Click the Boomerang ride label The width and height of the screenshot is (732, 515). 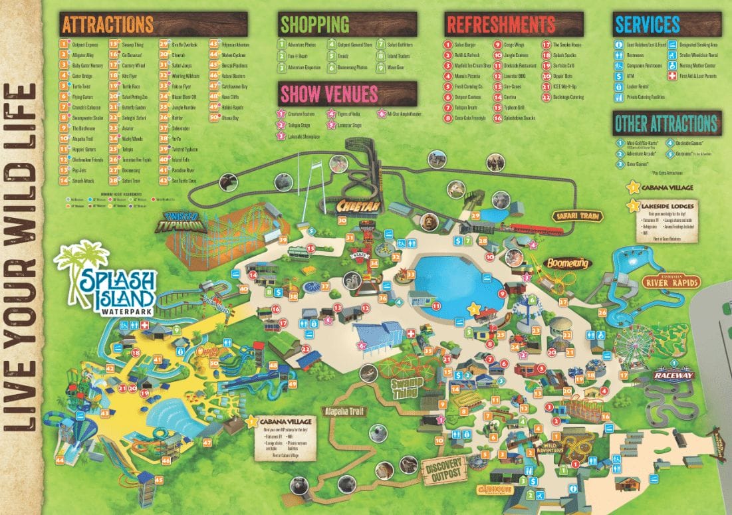click(567, 263)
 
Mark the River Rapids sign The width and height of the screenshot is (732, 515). click(673, 282)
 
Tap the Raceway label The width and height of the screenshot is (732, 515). click(673, 375)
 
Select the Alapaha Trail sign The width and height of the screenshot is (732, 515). click(345, 411)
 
